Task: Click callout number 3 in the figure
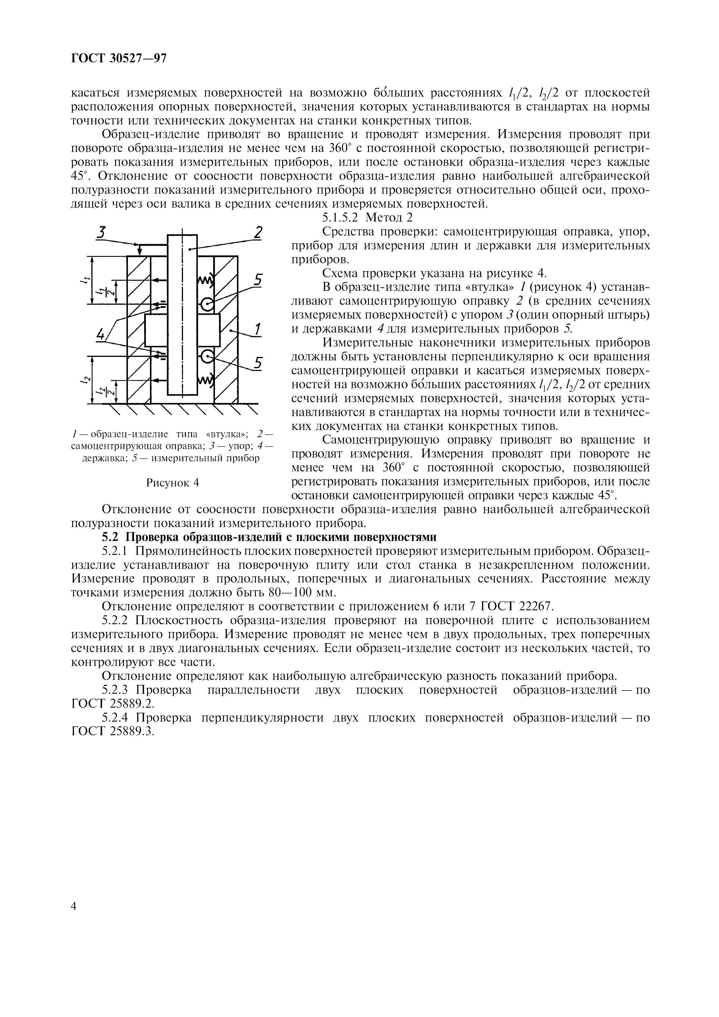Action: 102,232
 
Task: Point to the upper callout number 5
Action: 258,280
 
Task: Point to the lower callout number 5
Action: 258,363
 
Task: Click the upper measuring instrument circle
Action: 207,304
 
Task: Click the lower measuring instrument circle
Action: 207,356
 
